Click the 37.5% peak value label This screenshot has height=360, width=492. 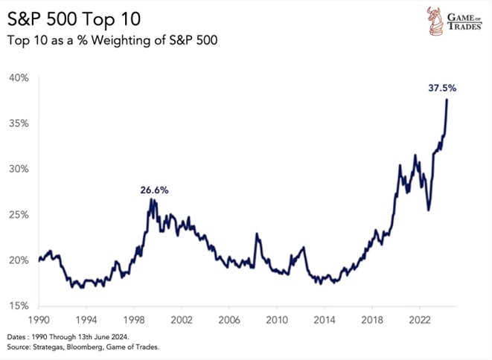click(x=442, y=88)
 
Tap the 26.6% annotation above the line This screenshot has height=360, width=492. click(x=154, y=190)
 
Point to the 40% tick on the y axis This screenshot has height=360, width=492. click(x=19, y=77)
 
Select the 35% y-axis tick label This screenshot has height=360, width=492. click(x=19, y=123)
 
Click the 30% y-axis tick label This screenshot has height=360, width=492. click(x=19, y=169)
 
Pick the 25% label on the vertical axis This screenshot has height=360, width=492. click(x=19, y=214)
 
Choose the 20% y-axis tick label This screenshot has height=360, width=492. click(x=19, y=260)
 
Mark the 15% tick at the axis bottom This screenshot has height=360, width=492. click(x=19, y=305)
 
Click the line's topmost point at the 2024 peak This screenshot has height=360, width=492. click(x=447, y=100)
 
